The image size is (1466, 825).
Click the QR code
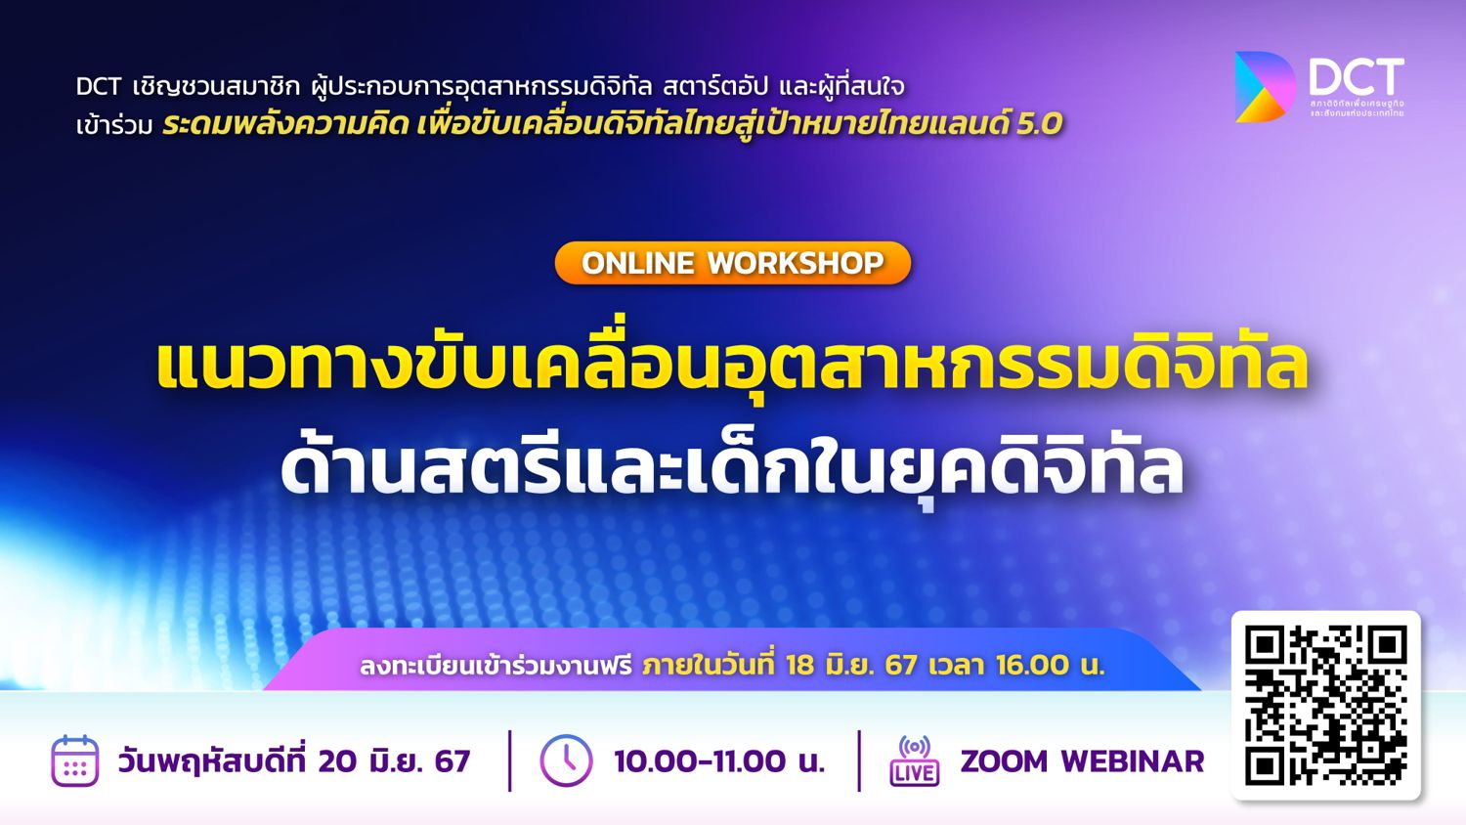pos(1326,705)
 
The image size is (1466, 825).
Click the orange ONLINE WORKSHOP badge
pos(732,263)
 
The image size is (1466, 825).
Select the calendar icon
pos(75,760)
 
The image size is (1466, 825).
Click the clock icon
pos(566,760)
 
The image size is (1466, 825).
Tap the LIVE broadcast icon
pos(914,760)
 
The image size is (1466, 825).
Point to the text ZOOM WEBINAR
pos(1083,761)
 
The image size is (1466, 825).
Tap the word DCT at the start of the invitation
pos(98,86)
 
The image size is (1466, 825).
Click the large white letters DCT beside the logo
pos(1357,76)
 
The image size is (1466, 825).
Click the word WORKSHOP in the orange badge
pos(796,263)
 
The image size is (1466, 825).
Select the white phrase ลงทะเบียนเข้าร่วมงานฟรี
pos(496,666)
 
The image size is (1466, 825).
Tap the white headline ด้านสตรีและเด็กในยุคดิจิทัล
pos(732,465)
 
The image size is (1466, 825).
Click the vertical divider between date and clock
pos(510,760)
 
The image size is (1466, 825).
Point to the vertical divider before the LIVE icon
pos(859,760)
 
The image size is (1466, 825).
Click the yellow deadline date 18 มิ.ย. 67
pos(851,666)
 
